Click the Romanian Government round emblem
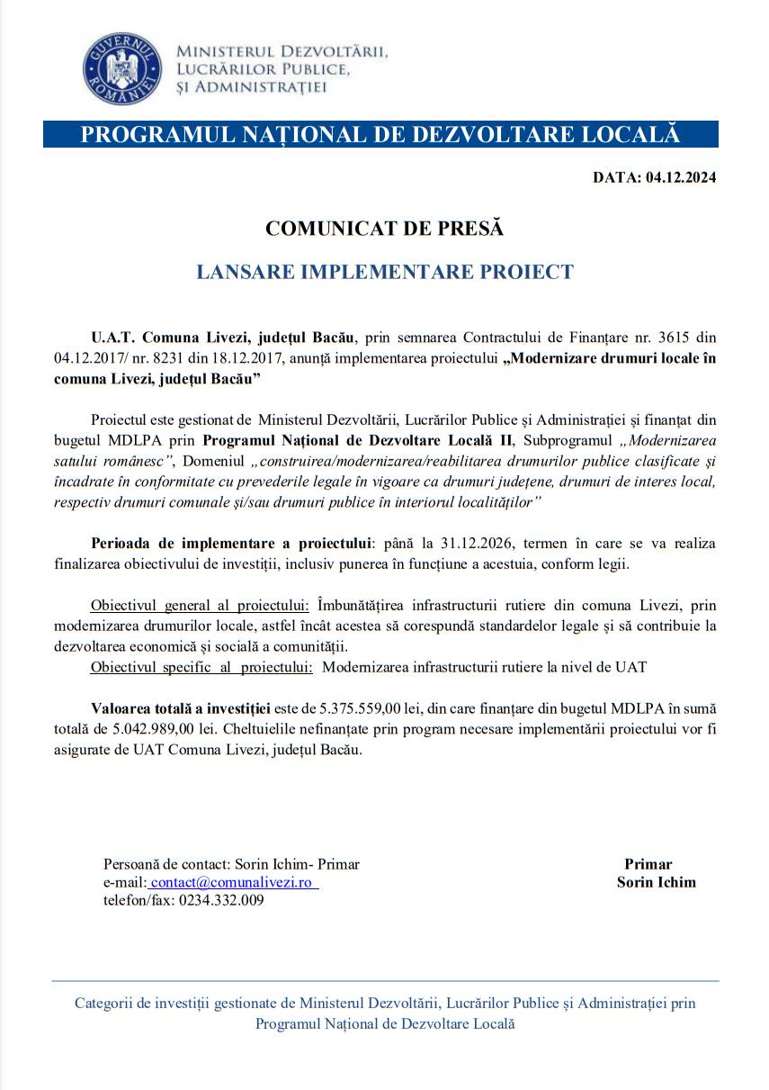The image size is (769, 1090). (121, 69)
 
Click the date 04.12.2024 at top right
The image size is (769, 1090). (681, 177)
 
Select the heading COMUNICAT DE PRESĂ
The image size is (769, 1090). (385, 229)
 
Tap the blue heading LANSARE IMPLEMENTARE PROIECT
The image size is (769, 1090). (385, 272)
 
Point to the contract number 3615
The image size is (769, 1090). (676, 338)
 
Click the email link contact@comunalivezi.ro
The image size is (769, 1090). (234, 882)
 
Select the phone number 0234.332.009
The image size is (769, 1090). (221, 900)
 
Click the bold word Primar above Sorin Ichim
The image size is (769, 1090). (648, 864)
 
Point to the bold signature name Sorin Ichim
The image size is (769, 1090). (656, 882)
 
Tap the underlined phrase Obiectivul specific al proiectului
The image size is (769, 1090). (201, 667)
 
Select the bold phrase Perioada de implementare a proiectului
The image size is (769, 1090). (231, 544)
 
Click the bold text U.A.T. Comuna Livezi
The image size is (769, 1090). (171, 338)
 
